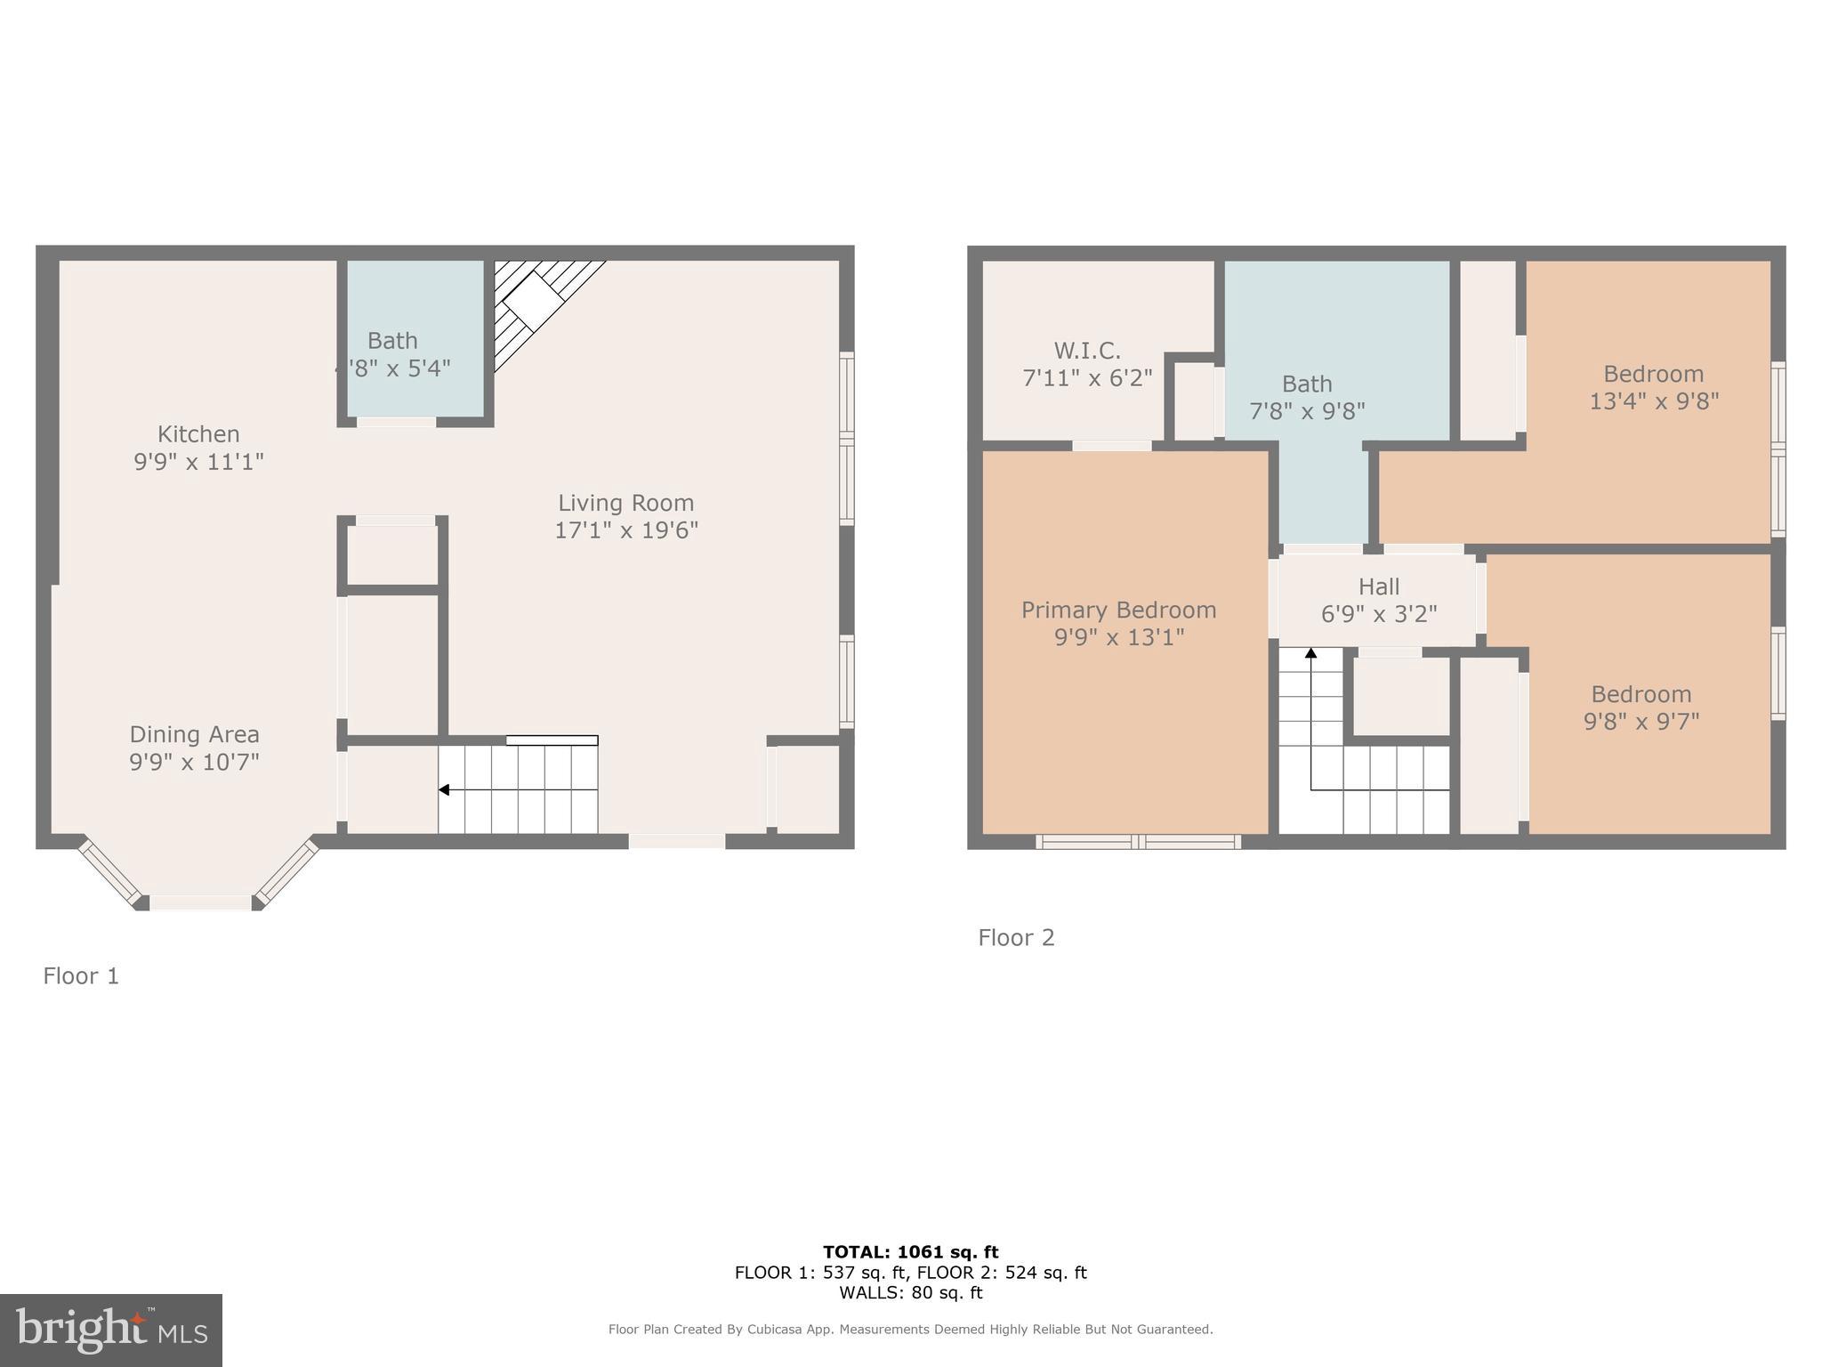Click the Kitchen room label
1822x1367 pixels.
[x=198, y=434]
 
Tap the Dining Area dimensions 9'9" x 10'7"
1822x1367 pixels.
[x=194, y=762]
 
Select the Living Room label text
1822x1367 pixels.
[x=625, y=503]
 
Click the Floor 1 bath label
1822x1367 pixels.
[x=392, y=341]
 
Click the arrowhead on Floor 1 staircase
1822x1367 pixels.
[x=443, y=789]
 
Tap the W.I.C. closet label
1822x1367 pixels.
[x=1086, y=351]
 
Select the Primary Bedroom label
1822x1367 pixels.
[x=1118, y=611]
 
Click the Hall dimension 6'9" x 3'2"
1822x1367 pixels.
[x=1379, y=614]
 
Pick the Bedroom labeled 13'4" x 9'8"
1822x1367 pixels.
[x=1653, y=375]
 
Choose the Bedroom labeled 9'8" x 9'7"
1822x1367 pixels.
[x=1641, y=695]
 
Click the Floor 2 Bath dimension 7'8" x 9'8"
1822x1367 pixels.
[x=1307, y=411]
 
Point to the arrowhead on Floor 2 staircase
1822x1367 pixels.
[x=1310, y=653]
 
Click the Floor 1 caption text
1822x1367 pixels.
[x=81, y=976]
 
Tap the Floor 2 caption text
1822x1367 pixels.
[x=1016, y=937]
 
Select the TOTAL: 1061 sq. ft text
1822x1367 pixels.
[x=910, y=1252]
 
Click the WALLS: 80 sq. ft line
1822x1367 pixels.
[x=910, y=1293]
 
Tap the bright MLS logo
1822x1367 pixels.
[x=111, y=1330]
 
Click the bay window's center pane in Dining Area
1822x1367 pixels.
[x=200, y=902]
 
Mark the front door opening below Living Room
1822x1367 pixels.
[x=677, y=841]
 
